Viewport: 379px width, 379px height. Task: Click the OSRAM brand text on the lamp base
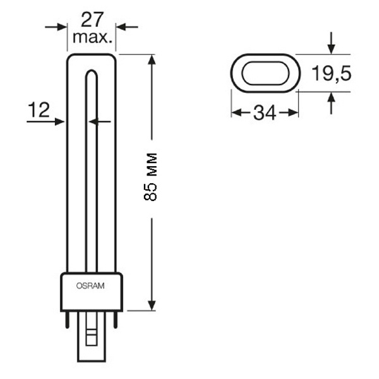pos(90,286)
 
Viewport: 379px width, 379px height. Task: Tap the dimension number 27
pos(92,20)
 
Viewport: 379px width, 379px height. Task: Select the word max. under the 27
pos(93,37)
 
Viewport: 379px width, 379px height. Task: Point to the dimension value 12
pos(39,109)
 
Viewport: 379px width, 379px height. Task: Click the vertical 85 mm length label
pos(150,177)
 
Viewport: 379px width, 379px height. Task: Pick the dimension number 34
pos(265,113)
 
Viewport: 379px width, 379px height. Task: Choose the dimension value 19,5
pos(331,73)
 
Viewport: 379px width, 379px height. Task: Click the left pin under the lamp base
pos(67,319)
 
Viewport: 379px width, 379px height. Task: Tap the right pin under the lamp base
pos(116,319)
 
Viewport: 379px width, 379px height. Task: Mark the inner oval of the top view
pos(265,63)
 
